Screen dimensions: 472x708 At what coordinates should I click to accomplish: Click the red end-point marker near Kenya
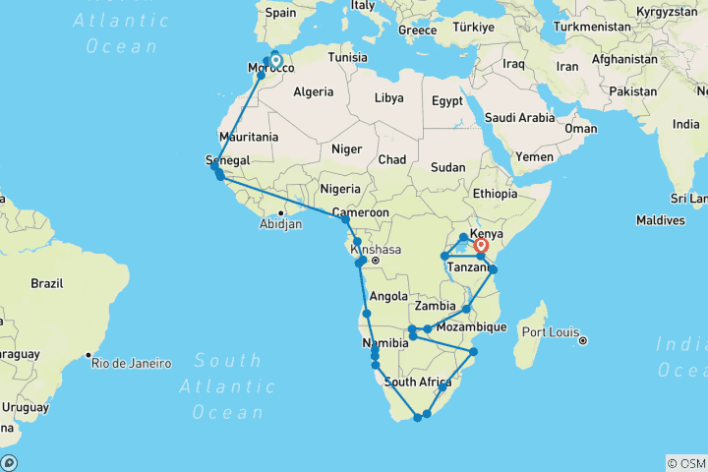coord(482,246)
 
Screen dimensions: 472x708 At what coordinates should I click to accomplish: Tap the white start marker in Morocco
coord(275,61)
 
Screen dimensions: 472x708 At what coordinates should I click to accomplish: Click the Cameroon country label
coord(360,212)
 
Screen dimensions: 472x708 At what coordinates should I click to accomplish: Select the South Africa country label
coord(418,382)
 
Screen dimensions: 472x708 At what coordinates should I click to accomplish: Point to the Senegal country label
coord(227,160)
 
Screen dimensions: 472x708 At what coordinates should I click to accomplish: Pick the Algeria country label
coord(314,91)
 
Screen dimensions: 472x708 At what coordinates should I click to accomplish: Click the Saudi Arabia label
coord(523,118)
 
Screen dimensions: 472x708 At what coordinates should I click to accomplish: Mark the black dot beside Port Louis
coord(583,341)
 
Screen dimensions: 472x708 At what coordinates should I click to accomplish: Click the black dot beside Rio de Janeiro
coord(88,355)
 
